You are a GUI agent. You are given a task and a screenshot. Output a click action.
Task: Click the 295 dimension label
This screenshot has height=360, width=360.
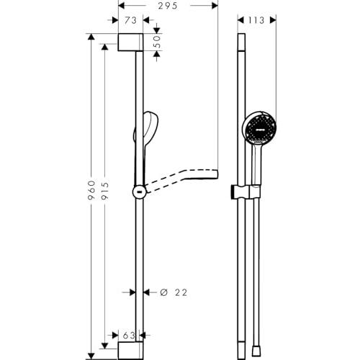(168, 6)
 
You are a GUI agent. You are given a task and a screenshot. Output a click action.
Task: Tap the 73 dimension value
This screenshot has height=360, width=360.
(131, 20)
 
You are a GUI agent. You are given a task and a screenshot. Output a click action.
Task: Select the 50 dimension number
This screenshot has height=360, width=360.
(157, 42)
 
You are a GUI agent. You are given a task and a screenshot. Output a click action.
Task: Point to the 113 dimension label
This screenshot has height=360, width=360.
(256, 20)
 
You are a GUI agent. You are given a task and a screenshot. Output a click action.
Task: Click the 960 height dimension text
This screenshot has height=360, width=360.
(91, 190)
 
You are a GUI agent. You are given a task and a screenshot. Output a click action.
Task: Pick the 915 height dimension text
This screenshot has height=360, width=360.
(105, 191)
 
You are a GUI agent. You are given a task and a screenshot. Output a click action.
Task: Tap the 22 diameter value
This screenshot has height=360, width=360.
(181, 292)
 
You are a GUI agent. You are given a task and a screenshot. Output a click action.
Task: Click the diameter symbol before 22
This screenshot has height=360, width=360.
(163, 292)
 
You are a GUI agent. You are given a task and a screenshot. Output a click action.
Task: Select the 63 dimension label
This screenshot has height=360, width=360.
(129, 336)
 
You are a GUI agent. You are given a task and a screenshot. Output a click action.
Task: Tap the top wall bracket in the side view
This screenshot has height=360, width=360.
(130, 42)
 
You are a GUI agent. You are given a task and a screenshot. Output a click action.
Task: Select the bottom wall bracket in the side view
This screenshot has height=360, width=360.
(130, 351)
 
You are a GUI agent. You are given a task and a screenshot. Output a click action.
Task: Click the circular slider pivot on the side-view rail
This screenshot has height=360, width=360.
(139, 192)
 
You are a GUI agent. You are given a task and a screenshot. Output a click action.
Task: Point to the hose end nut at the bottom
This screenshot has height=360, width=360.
(256, 351)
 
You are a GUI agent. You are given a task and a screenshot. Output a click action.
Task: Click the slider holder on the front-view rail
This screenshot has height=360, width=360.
(245, 192)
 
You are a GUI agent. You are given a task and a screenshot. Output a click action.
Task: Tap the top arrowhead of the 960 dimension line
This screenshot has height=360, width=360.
(91, 37)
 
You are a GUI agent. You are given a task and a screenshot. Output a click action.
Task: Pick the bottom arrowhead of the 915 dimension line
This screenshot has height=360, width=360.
(104, 346)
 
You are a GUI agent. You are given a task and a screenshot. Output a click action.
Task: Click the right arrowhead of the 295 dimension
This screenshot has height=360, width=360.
(215, 6)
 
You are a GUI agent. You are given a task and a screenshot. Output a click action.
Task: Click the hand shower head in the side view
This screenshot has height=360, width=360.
(146, 130)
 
